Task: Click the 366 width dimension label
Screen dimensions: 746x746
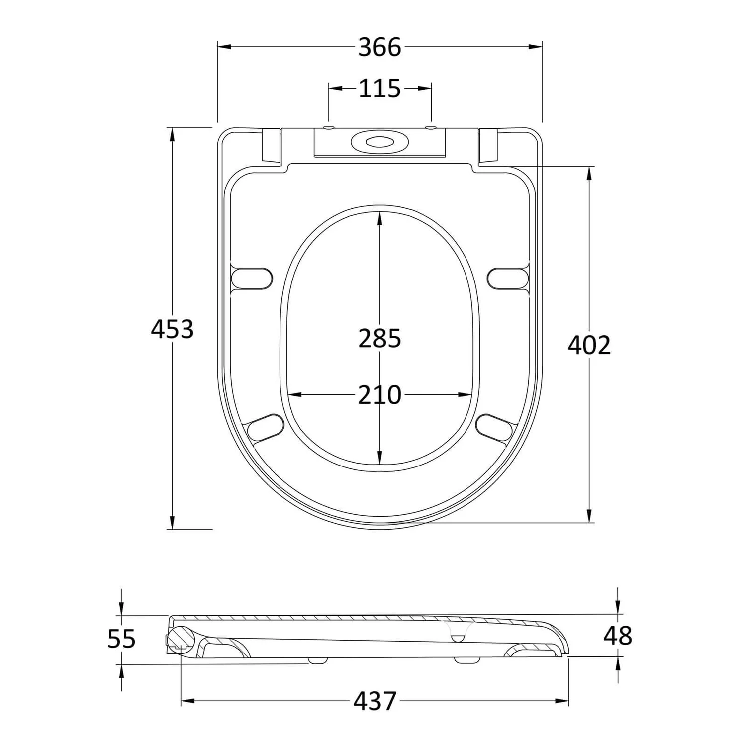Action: (379, 48)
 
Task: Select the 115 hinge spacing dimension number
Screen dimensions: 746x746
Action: (379, 89)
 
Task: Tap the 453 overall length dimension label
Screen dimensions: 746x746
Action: (172, 329)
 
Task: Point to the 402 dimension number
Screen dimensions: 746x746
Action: (589, 345)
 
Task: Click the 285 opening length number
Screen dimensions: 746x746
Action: (379, 339)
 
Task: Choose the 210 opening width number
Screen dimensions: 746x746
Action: (379, 395)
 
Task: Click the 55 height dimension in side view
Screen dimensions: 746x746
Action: (121, 639)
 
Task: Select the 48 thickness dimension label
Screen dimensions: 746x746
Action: (618, 636)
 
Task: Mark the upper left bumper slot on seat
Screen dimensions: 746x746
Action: (253, 279)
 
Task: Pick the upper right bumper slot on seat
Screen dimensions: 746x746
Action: (507, 279)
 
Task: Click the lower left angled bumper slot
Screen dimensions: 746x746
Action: (265, 427)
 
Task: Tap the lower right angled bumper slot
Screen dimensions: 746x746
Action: (493, 427)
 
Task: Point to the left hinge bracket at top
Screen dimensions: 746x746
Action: (271, 145)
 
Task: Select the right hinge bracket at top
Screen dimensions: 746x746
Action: (487, 145)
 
